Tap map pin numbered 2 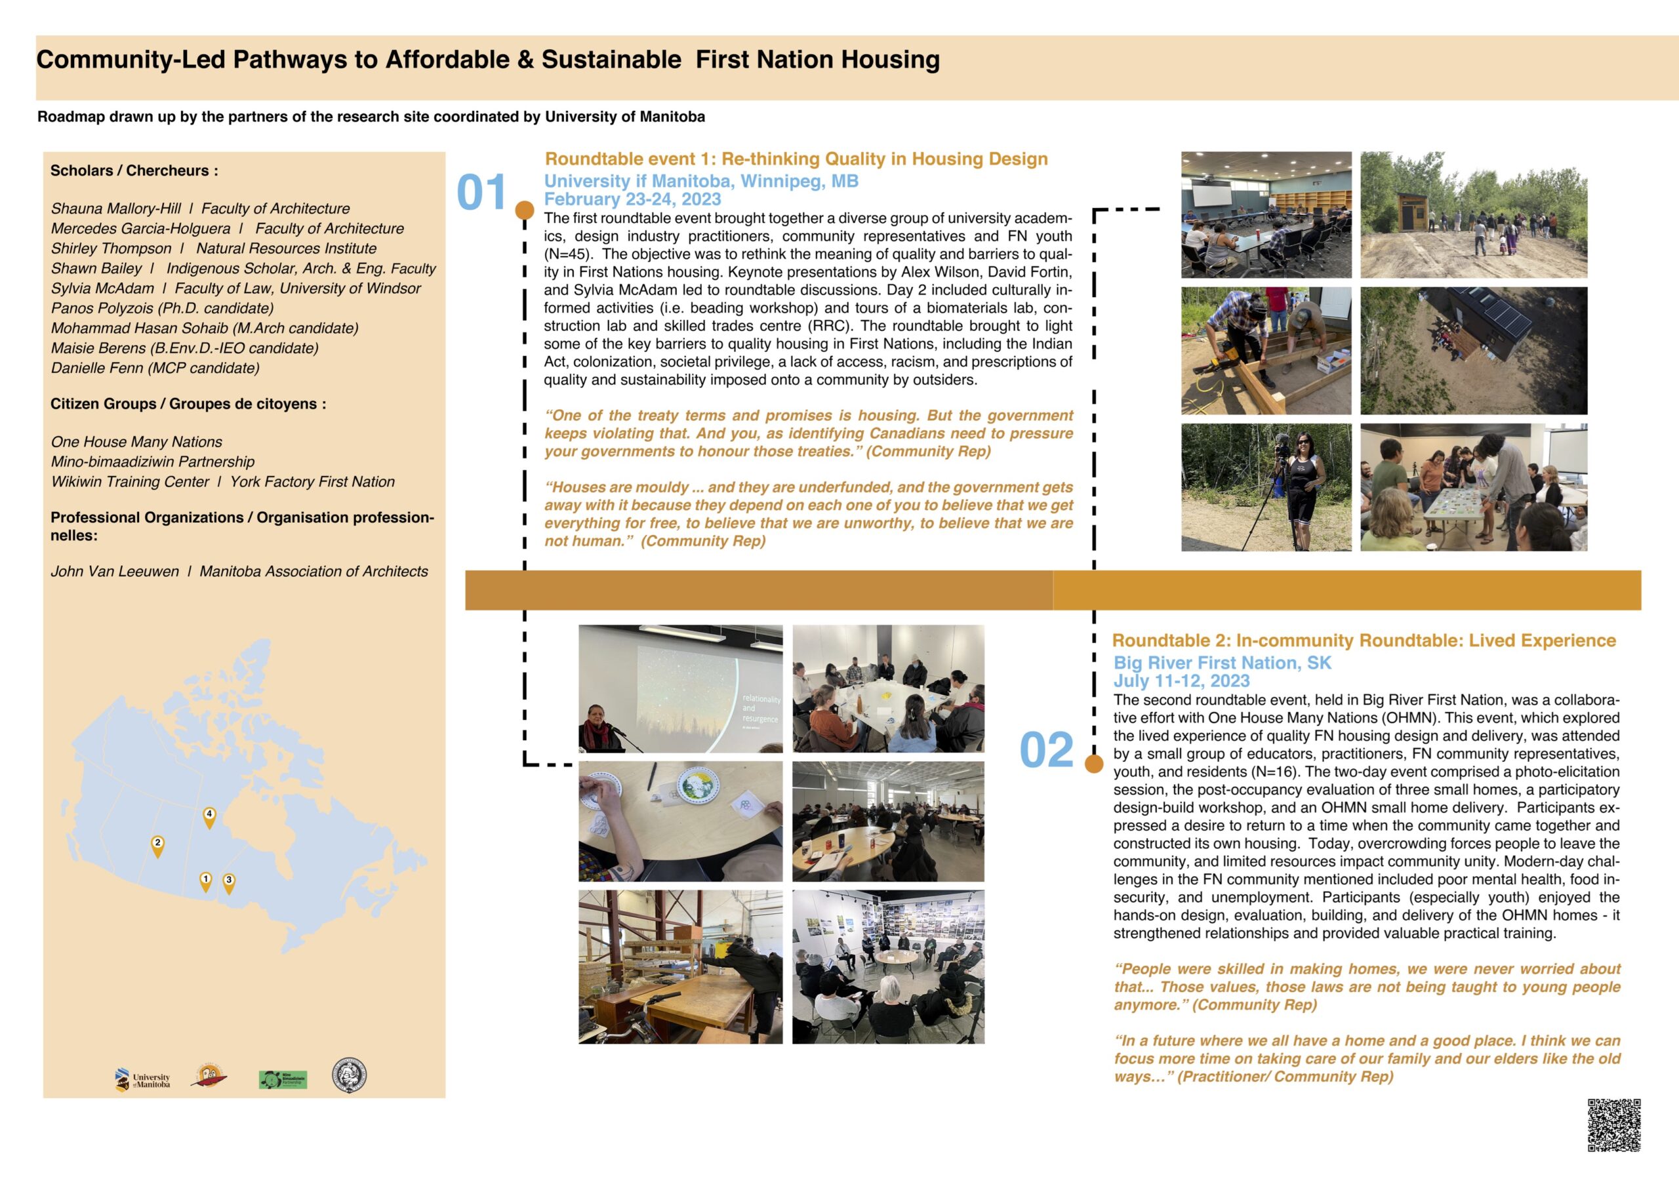point(157,845)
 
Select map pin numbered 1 point(205,881)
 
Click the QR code point(1614,1124)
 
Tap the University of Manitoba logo point(144,1080)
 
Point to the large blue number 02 point(1046,750)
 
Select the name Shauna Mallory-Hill point(115,208)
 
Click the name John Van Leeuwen point(115,571)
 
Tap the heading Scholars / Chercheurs point(134,170)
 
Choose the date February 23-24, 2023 point(632,199)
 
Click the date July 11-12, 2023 point(1181,681)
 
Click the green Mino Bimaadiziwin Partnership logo point(283,1080)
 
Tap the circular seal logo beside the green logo point(349,1075)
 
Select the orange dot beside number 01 point(525,210)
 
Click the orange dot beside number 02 point(1094,764)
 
